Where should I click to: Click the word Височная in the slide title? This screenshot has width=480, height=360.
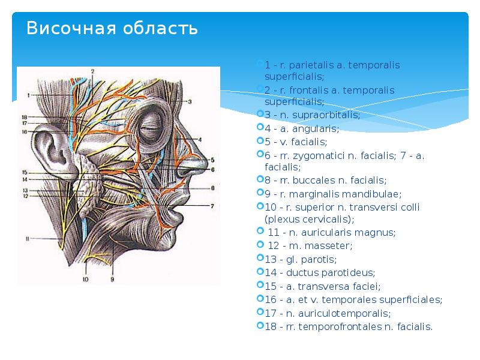[66, 28]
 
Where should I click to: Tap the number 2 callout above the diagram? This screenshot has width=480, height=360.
[93, 71]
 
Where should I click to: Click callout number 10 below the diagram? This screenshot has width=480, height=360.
[85, 278]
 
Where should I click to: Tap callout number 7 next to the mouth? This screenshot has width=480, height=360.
[212, 205]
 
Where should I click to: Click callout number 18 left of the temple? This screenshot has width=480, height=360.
[25, 117]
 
